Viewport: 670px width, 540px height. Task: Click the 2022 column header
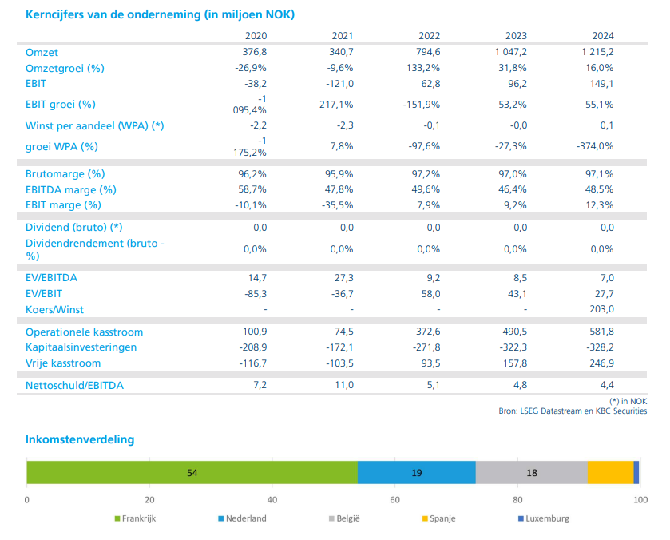429,35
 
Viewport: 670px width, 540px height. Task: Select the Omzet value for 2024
597,52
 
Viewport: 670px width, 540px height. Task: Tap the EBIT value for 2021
339,83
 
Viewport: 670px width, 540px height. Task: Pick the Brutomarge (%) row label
65,174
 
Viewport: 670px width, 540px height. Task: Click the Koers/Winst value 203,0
601,308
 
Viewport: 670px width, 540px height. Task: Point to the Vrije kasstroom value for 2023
515,363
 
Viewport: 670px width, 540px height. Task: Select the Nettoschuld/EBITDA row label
74,385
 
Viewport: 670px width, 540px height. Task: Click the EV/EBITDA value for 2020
257,277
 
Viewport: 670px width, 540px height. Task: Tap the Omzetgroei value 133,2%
423,68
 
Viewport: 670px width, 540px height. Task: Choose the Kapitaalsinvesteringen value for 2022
426,347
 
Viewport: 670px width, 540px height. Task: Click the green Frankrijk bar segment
192,472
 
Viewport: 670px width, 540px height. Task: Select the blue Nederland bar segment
417,472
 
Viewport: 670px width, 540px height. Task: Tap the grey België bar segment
532,472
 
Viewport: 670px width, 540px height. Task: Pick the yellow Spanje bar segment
610,472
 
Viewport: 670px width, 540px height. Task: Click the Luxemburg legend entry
544,518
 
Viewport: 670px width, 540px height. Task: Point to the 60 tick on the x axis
394,500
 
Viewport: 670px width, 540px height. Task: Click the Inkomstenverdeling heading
80,439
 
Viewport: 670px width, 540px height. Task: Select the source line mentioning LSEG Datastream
573,411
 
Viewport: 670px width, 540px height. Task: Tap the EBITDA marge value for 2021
339,189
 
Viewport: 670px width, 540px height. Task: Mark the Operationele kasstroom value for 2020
255,332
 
